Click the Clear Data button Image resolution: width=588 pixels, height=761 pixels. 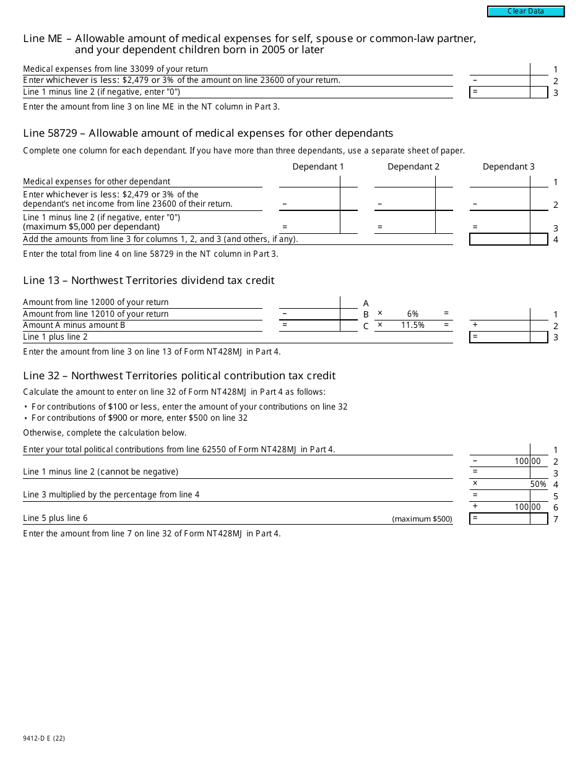tap(525, 11)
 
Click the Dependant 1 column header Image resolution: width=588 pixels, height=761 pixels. tap(318, 166)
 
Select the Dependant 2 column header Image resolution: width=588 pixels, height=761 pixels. tap(413, 166)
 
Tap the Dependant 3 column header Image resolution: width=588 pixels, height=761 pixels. tap(508, 166)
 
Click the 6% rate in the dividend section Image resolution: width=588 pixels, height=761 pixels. tap(413, 314)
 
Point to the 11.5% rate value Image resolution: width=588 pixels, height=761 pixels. tap(413, 325)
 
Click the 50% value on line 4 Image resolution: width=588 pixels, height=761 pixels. tap(538, 484)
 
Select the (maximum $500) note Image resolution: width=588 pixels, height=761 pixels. tap(422, 519)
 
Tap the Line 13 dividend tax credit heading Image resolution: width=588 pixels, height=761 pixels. tap(149, 280)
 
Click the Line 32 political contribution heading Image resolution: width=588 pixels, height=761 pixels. tap(179, 376)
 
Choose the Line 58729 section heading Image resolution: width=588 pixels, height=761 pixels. tap(208, 133)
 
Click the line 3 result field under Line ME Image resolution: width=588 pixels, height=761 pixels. tap(500, 92)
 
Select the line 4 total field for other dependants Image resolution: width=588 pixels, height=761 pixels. tap(500, 239)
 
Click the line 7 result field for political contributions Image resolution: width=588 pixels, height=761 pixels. tap(500, 518)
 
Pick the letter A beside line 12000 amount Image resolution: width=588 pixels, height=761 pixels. tap(366, 303)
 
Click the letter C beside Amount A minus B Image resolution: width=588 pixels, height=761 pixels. tap(366, 326)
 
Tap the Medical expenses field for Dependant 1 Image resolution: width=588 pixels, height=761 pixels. tap(309, 181)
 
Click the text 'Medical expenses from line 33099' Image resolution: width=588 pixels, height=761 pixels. tap(115, 69)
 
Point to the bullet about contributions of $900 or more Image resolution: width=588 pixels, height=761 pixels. tap(139, 418)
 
